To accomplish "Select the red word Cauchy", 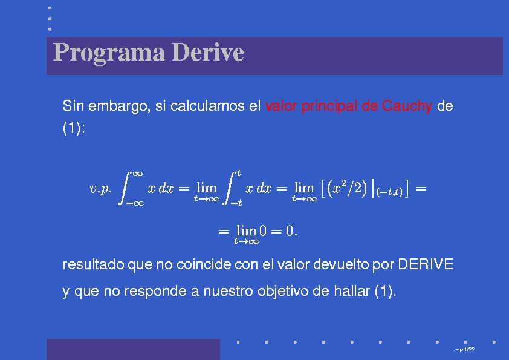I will click(407, 106).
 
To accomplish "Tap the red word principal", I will click(329, 106).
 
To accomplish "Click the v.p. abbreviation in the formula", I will click(101, 189).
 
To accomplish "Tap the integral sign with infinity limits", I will click(126, 188).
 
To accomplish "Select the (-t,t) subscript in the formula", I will click(389, 192).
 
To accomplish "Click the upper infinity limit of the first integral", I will click(137, 173).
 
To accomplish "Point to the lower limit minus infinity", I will click(134, 204).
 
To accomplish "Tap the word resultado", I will click(92, 265).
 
